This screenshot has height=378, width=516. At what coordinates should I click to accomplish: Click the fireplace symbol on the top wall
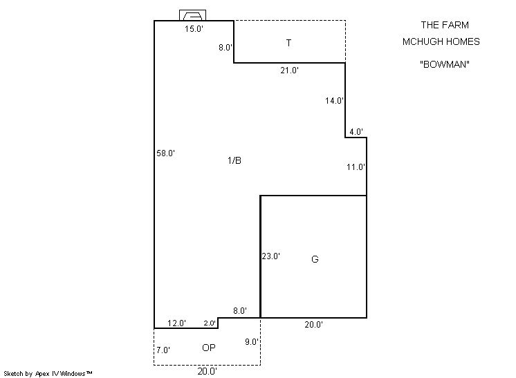pos(192,15)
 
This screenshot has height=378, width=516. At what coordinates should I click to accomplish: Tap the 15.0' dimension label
pos(194,29)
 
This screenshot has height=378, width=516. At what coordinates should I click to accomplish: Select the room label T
pos(288,43)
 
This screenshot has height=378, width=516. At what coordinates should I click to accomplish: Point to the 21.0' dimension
pos(289,70)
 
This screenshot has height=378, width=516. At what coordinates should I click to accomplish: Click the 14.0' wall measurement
pos(334,101)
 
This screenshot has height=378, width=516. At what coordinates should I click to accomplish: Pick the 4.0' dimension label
pos(356,132)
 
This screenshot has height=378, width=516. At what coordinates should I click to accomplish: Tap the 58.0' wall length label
pos(165,153)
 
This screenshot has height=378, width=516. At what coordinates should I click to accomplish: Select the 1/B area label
pos(234,160)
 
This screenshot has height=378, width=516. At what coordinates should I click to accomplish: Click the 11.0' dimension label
pos(356,167)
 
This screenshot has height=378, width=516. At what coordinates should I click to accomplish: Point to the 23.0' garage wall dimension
pos(271,256)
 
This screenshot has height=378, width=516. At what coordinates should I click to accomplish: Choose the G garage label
pos(315,259)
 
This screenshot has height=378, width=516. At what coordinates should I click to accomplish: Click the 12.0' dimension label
pos(176,323)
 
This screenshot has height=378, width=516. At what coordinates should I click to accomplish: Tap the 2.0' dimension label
pos(210,323)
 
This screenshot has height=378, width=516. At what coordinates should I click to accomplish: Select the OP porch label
pos(209,348)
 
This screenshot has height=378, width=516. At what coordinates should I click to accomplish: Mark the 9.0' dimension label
pos(252,342)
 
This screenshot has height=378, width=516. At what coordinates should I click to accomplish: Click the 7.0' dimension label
pos(163,350)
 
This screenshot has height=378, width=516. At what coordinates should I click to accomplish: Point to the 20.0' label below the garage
pos(313,324)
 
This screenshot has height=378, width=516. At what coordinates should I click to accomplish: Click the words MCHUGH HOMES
pos(441,41)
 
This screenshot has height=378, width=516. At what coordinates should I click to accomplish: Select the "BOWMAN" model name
pos(445,64)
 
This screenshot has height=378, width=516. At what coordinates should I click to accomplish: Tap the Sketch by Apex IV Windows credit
pos(48,373)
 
